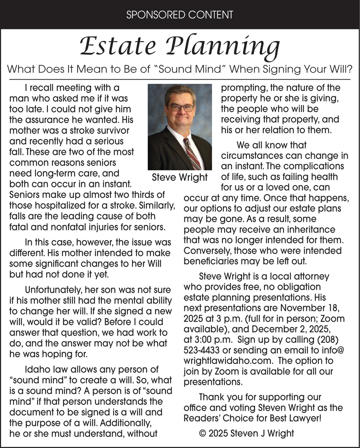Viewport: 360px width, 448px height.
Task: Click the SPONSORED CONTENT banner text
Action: click(180, 15)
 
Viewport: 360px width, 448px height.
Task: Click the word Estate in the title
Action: click(118, 46)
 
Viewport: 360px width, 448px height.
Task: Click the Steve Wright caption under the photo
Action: click(180, 177)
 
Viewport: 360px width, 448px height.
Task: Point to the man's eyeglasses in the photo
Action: click(181, 107)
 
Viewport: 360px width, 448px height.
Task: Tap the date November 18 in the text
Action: click(310, 308)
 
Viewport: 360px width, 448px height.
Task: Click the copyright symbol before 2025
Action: click(202, 433)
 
